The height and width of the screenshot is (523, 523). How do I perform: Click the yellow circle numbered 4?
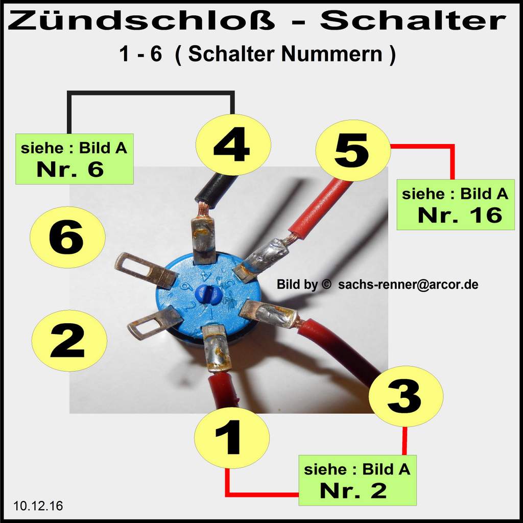(x=233, y=145)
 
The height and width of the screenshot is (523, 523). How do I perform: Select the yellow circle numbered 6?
(x=68, y=237)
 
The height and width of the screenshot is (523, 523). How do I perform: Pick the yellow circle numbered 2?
(x=69, y=341)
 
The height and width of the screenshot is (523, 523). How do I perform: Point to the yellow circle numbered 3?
(x=406, y=396)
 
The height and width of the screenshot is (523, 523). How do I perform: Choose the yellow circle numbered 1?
(x=232, y=438)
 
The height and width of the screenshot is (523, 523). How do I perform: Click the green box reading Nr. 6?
(x=75, y=159)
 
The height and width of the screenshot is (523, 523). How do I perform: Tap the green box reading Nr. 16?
(x=456, y=205)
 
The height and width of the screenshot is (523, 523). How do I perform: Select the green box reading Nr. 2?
(x=358, y=480)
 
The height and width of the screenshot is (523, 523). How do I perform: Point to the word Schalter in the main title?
(x=413, y=20)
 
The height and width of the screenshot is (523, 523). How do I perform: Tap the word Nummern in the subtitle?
(x=332, y=54)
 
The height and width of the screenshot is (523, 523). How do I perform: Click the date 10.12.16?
(x=38, y=506)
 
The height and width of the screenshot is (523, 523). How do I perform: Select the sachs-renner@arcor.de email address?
(x=408, y=284)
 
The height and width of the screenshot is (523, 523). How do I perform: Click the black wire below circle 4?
(x=216, y=192)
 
